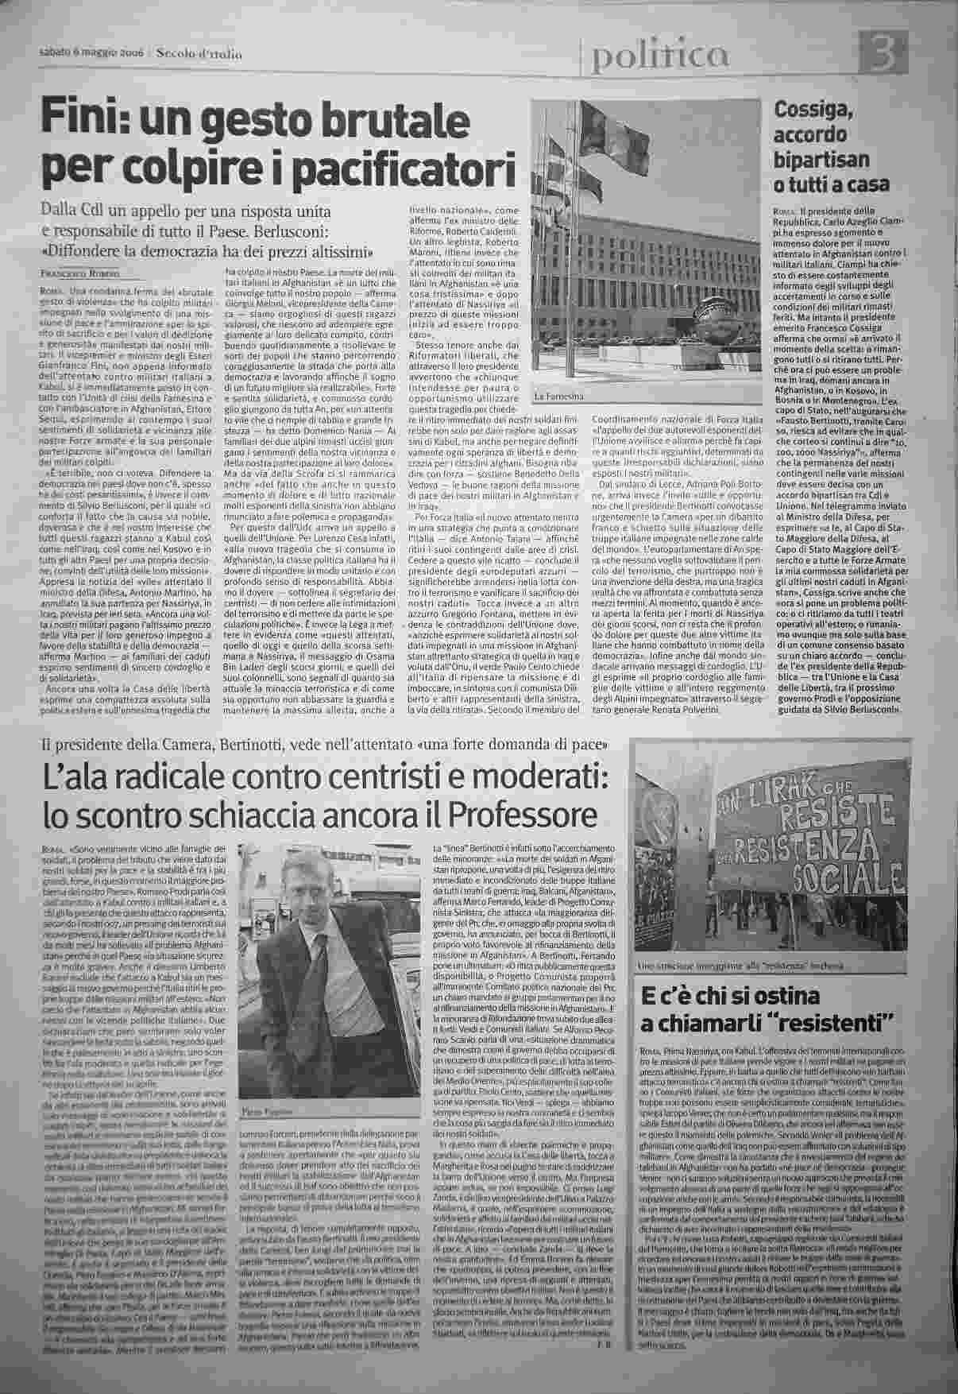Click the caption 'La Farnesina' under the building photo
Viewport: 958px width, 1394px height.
point(559,396)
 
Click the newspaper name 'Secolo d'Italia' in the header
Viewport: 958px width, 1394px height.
point(198,54)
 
